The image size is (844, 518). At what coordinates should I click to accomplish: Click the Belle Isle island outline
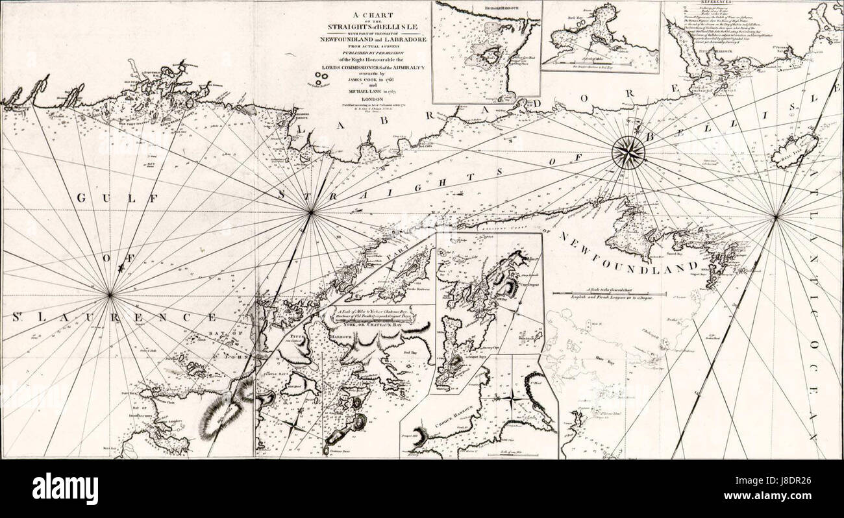793,151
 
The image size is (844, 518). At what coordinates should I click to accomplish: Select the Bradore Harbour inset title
487,8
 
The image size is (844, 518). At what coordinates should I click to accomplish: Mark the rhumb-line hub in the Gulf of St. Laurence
110,295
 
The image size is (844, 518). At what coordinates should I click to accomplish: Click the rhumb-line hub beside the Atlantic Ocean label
775,217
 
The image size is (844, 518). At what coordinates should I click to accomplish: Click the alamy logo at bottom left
65,488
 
